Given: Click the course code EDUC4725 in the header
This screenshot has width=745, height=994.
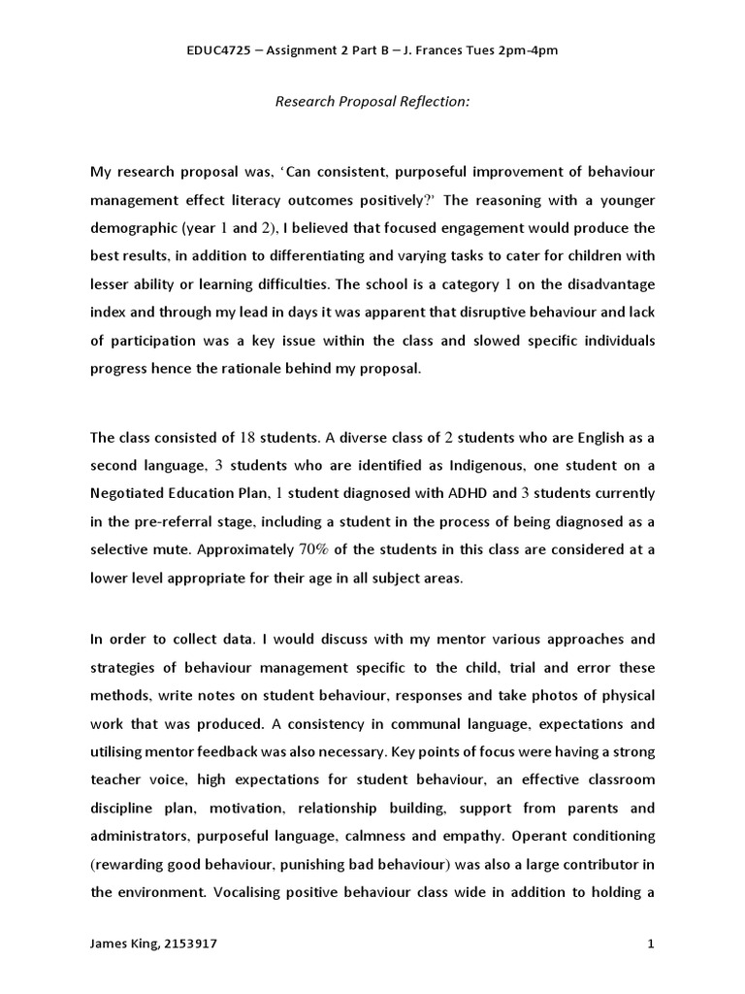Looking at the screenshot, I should [219, 50].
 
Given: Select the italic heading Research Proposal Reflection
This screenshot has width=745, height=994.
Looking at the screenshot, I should [372, 101].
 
